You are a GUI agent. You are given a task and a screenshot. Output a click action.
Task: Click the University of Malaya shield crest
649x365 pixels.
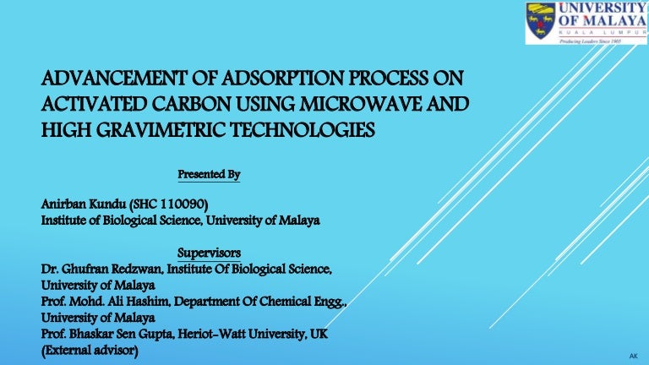[540, 21]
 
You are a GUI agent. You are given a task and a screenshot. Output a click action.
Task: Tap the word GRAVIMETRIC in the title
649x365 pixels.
[161, 130]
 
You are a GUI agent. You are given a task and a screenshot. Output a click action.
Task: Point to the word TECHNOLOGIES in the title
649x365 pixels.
[303, 130]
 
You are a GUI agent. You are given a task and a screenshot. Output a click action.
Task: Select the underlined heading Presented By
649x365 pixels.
[209, 175]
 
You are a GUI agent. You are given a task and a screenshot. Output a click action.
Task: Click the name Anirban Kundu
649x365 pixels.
[84, 204]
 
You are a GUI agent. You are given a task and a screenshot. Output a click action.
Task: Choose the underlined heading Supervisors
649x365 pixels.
[209, 253]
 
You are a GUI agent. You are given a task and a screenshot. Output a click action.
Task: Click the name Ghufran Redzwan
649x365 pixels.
[112, 269]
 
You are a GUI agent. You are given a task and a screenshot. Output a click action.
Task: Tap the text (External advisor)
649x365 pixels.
[90, 350]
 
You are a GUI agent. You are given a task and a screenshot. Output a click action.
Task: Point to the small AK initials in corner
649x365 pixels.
[633, 356]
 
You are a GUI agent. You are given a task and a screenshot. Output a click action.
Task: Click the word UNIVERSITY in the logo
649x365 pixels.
[602, 8]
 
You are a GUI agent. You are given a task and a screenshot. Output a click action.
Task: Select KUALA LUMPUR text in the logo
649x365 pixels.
[603, 32]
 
